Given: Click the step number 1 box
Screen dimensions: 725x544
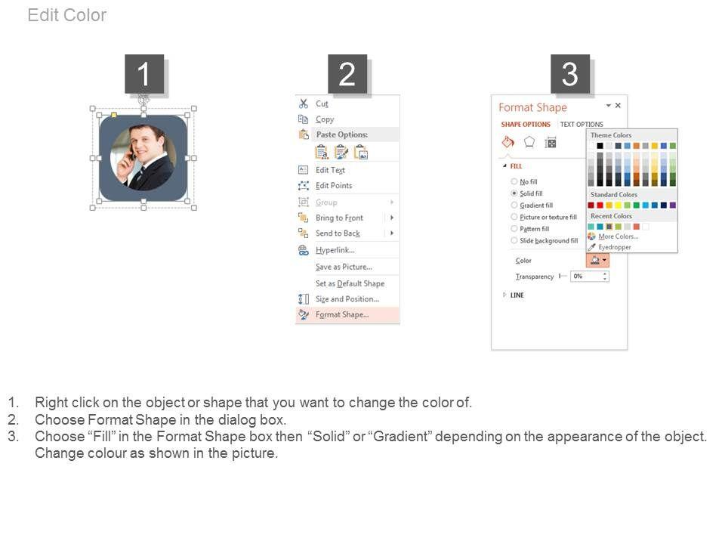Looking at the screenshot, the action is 144,74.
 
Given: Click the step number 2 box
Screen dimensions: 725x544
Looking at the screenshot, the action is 347,74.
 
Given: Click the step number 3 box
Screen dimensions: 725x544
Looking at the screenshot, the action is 570,74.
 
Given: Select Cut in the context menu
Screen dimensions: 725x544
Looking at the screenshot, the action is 322,104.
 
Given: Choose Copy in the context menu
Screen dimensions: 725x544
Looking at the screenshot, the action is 325,119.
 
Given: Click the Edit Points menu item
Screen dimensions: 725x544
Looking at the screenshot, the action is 334,186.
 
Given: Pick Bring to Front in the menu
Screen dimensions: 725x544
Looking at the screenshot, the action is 339,218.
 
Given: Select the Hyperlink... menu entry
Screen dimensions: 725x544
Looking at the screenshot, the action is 335,250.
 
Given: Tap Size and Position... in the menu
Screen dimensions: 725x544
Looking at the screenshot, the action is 347,299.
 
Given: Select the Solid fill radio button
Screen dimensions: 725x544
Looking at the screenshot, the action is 514,193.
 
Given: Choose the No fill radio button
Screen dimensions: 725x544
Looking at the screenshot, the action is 514,182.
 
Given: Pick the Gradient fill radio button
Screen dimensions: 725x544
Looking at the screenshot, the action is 514,205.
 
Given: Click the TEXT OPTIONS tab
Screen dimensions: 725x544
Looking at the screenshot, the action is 582,125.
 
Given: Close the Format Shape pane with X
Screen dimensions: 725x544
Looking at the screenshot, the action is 618,106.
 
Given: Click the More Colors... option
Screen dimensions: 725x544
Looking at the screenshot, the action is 619,236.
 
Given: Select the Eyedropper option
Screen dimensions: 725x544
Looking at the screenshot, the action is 615,247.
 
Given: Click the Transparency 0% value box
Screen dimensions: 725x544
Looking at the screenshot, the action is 590,277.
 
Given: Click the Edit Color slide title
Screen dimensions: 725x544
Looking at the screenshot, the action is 67,15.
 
